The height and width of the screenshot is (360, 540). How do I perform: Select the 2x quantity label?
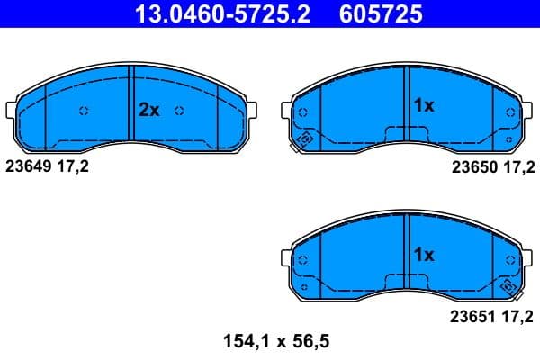coord(148,111)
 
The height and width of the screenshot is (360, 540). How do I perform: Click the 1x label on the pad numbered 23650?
coord(423,105)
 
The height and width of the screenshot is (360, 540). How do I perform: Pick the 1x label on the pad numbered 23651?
coord(423,255)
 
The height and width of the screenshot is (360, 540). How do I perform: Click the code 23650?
coord(472,166)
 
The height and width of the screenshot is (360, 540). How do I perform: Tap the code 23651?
coord(472,316)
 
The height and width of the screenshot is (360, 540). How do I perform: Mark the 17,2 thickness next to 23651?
coord(518,316)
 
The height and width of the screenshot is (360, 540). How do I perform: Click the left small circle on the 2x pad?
coord(83,111)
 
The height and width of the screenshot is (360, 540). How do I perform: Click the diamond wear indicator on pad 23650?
coord(304,139)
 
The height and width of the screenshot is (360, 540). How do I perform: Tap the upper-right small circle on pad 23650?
coord(511,112)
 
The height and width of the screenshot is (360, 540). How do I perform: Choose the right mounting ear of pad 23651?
coord(527,261)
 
